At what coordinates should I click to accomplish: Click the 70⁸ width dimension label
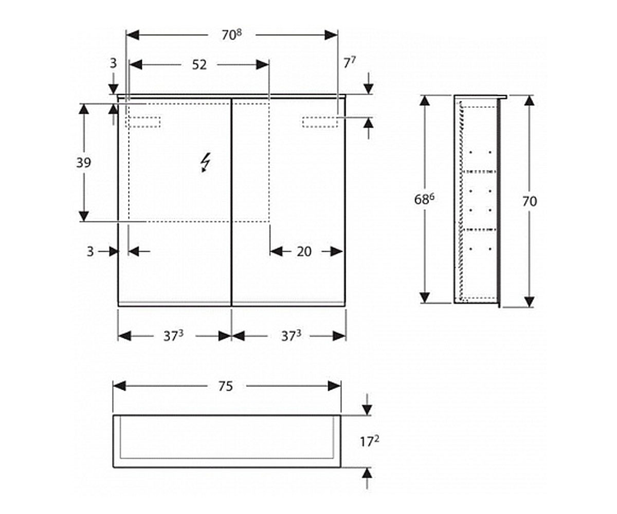click(x=232, y=35)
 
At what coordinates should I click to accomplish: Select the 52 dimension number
click(x=199, y=65)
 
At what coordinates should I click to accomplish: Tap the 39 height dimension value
click(x=84, y=162)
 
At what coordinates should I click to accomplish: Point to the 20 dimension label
click(x=304, y=252)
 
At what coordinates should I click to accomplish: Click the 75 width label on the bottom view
click(x=226, y=387)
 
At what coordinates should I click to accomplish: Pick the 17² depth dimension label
click(x=369, y=441)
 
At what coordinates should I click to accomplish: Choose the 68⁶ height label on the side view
click(x=424, y=199)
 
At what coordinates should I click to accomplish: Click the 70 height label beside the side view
click(x=530, y=201)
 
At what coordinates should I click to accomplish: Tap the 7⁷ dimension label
click(x=350, y=63)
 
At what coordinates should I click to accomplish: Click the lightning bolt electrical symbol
click(x=205, y=162)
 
